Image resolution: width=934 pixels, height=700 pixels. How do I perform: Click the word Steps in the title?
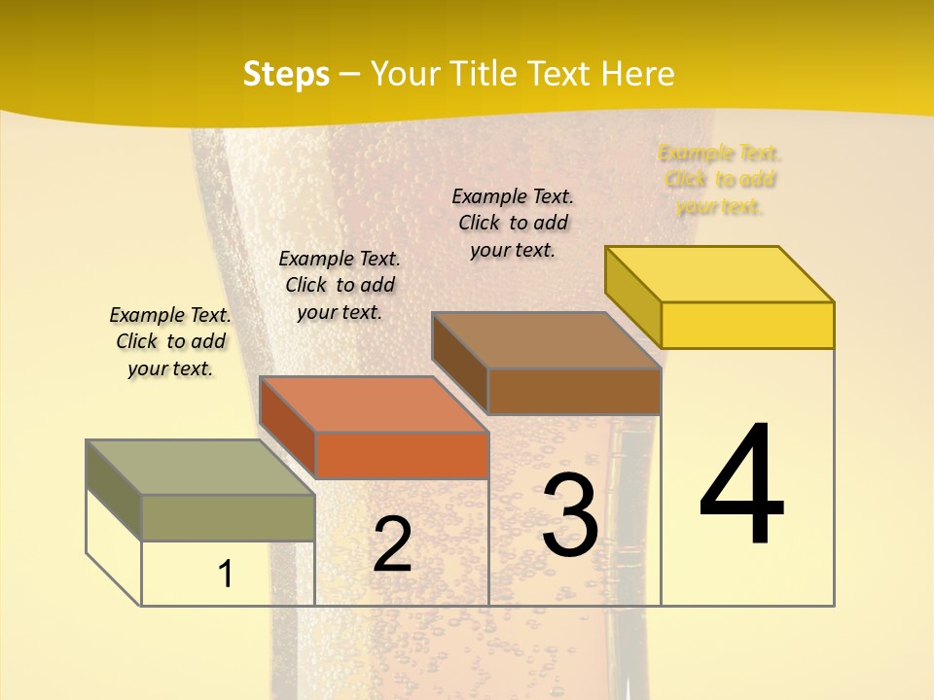[285, 74]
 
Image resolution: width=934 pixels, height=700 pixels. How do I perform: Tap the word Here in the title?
[637, 74]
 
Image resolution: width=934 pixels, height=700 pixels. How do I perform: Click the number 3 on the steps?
[570, 515]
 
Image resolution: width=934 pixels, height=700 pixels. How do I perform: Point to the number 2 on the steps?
[392, 544]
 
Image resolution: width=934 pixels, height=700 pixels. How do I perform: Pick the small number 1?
[226, 574]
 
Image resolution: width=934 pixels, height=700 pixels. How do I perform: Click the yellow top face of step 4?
[720, 274]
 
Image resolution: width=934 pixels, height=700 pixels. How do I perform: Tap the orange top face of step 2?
[374, 404]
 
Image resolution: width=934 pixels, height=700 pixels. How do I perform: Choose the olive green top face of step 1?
[200, 468]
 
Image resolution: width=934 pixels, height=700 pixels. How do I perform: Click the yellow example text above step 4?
[720, 180]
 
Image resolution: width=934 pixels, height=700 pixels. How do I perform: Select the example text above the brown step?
[513, 223]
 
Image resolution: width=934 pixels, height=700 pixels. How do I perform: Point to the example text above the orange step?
[340, 285]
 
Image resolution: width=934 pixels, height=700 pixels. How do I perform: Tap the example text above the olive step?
[170, 341]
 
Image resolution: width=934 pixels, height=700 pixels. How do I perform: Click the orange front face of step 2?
[402, 455]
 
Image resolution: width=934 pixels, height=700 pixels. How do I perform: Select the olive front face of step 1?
[229, 517]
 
